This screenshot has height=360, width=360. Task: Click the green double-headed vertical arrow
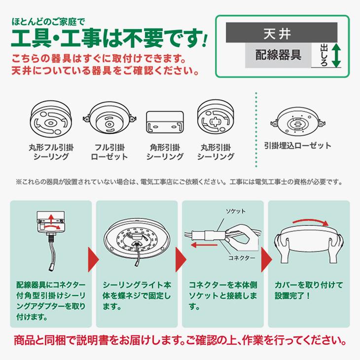[x=336, y=55]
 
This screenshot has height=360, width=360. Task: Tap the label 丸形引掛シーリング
[x=216, y=152]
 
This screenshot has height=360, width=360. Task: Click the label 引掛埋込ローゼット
[x=297, y=146]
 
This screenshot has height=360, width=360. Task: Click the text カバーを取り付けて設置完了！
[x=304, y=291]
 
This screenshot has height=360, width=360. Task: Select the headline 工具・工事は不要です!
[x=109, y=37]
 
